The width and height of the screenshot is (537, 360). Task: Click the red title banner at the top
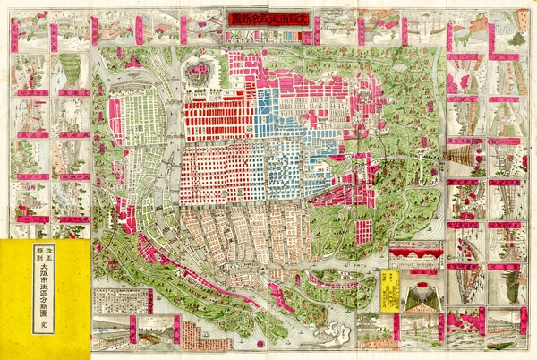tap(268, 19)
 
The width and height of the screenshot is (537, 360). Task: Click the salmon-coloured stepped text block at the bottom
tap(193, 335)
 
